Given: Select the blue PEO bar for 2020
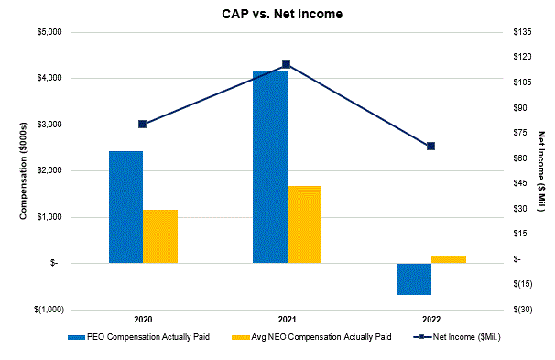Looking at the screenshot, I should (125, 207).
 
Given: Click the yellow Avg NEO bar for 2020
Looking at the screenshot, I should (160, 236).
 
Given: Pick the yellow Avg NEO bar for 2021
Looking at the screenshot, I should (304, 224).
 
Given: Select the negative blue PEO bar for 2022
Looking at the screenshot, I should (414, 278).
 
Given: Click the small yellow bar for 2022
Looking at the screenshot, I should (449, 259).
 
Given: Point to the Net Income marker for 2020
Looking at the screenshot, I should (143, 124).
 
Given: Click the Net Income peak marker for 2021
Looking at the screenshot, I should (287, 64).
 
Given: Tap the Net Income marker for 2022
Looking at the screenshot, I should (430, 146).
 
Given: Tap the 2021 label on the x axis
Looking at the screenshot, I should (287, 320).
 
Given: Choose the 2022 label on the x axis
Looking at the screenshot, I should (430, 320).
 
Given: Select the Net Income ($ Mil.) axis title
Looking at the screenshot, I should (540, 171).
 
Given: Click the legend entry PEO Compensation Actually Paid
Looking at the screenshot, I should (147, 337).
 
